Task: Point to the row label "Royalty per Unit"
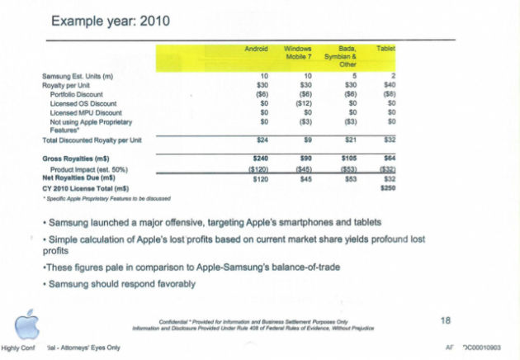(65, 85)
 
